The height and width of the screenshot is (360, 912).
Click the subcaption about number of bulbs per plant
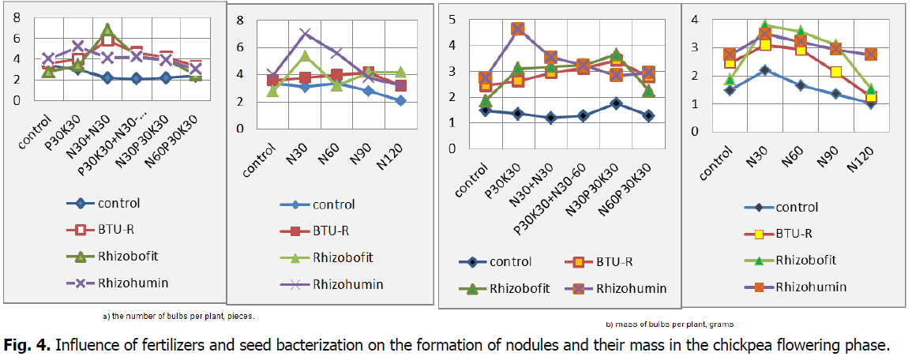pos(180,316)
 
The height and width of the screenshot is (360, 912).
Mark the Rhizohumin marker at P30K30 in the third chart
pos(517,29)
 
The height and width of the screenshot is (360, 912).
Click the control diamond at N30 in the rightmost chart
pos(764,70)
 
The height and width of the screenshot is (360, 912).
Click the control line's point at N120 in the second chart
pos(401,100)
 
